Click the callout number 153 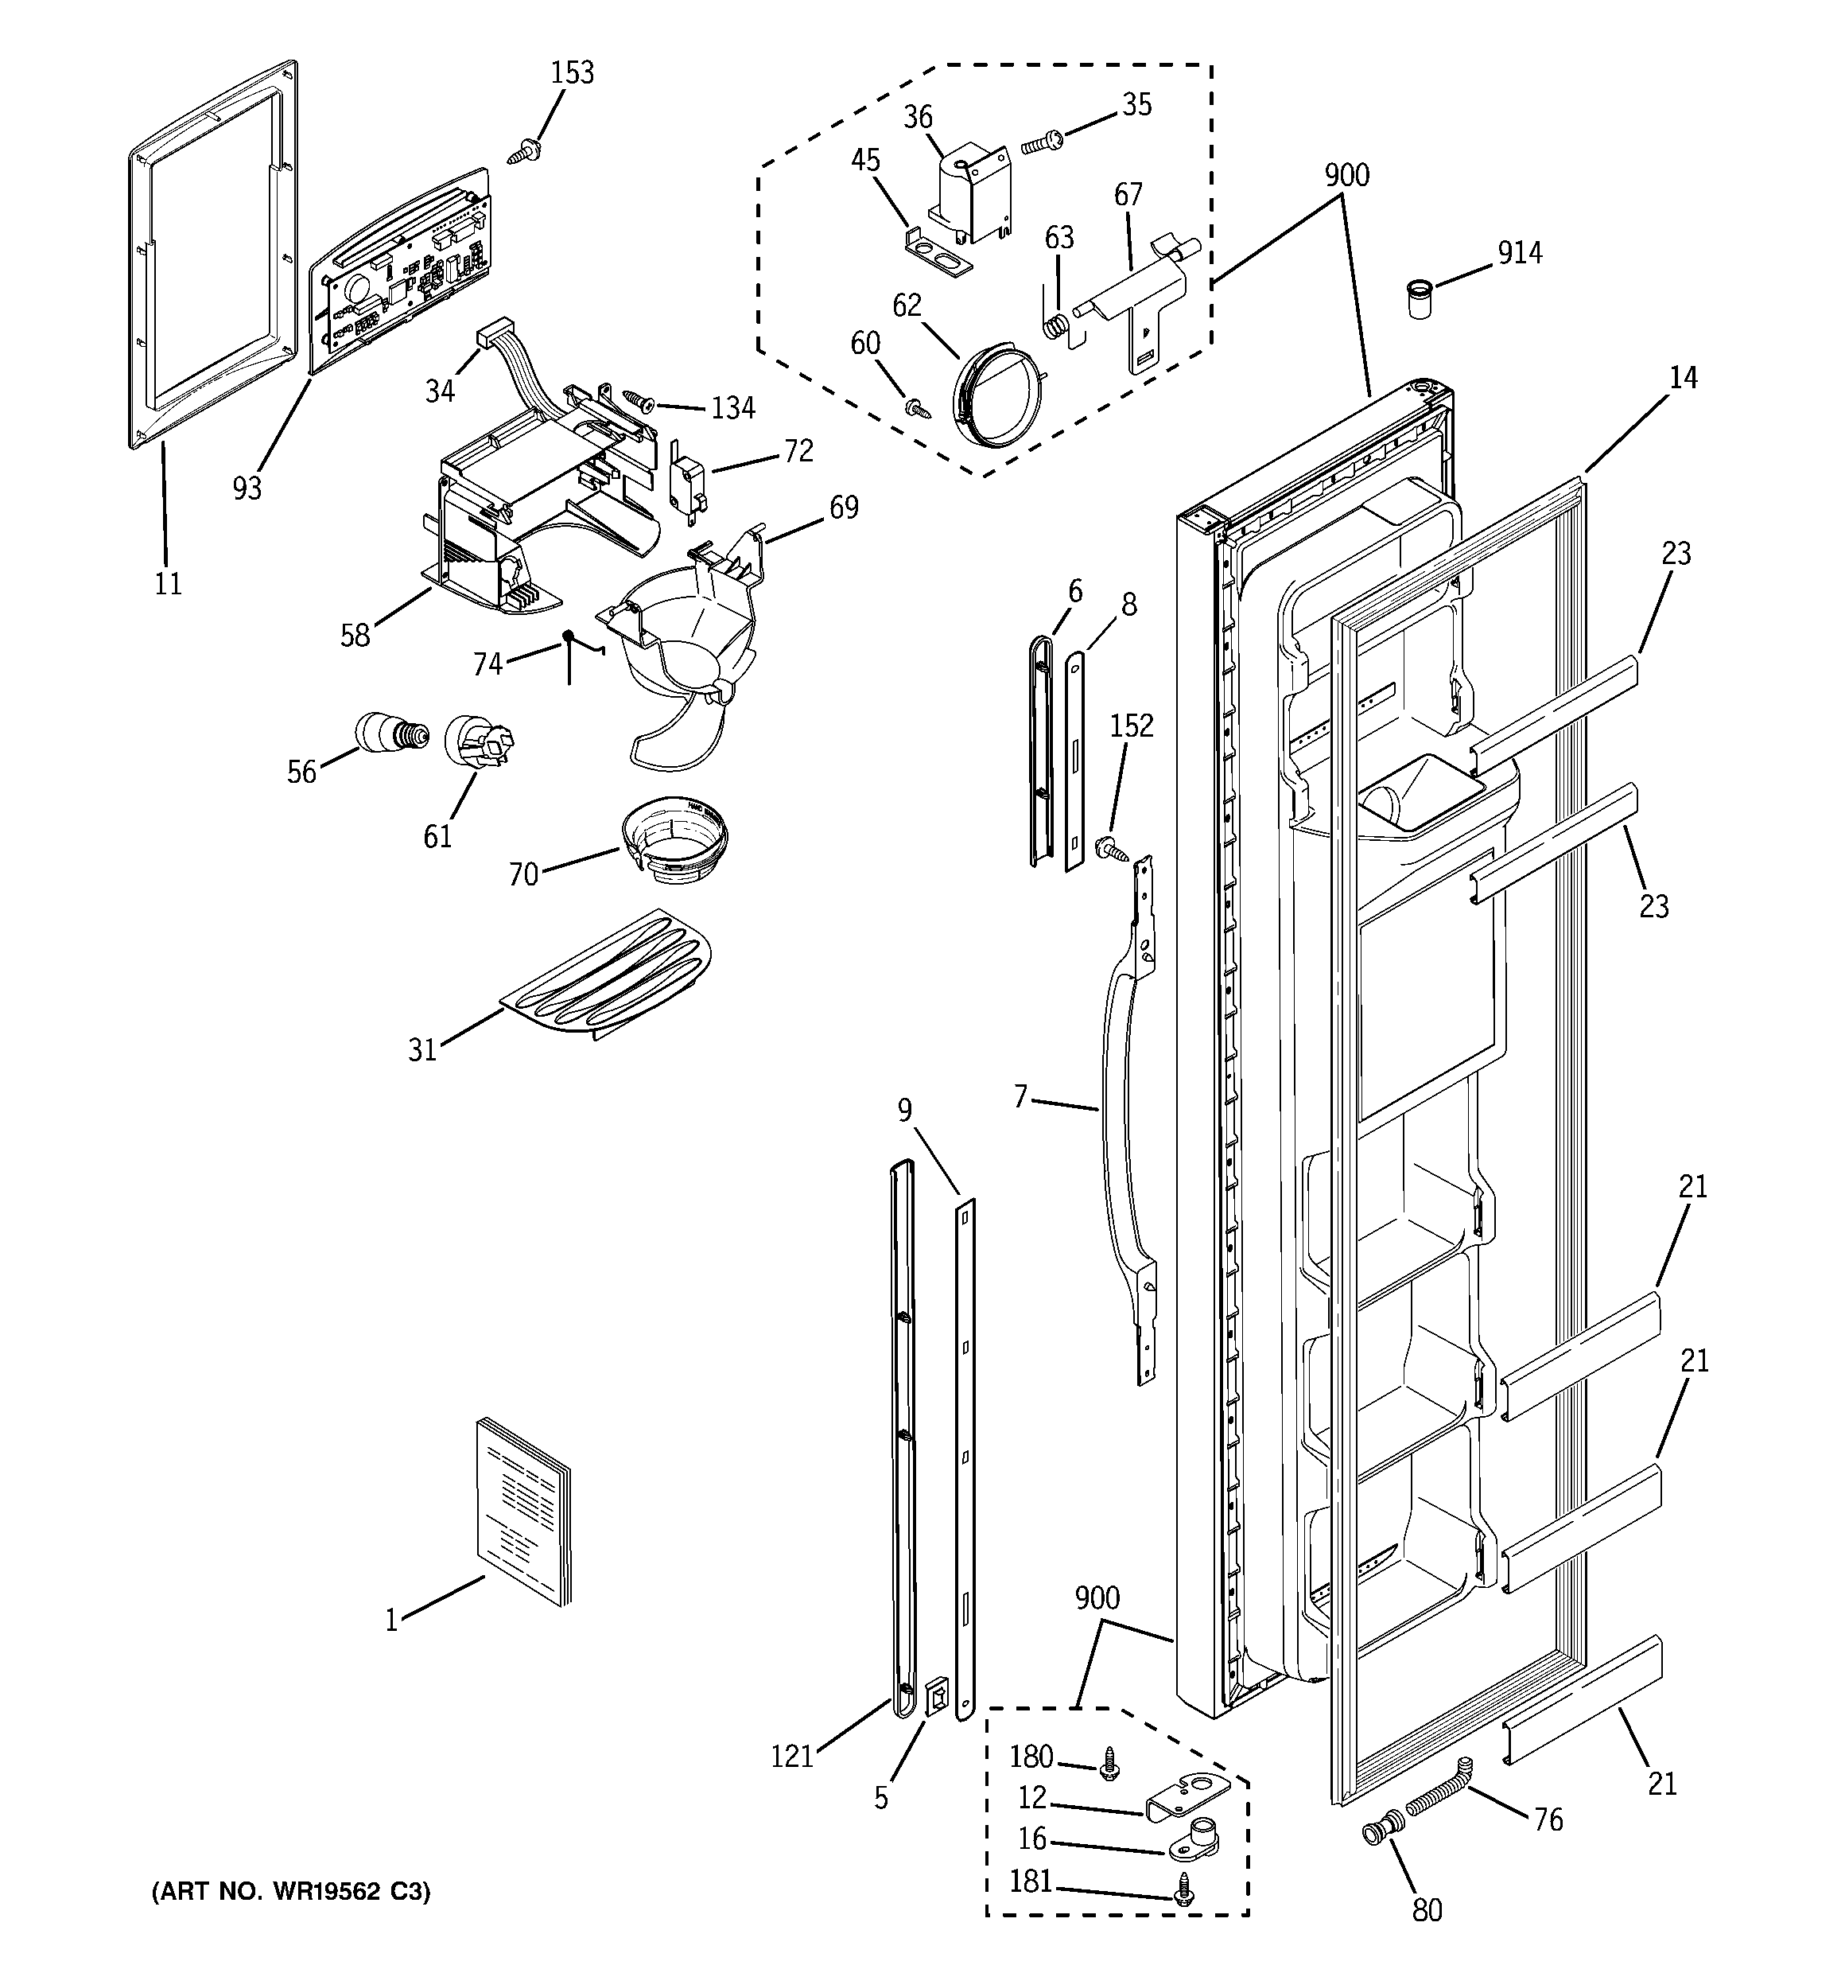[573, 73]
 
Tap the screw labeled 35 [1041, 144]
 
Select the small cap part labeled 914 [1420, 299]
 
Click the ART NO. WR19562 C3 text [291, 1892]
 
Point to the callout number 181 [1030, 1881]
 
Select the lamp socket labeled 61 [477, 741]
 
